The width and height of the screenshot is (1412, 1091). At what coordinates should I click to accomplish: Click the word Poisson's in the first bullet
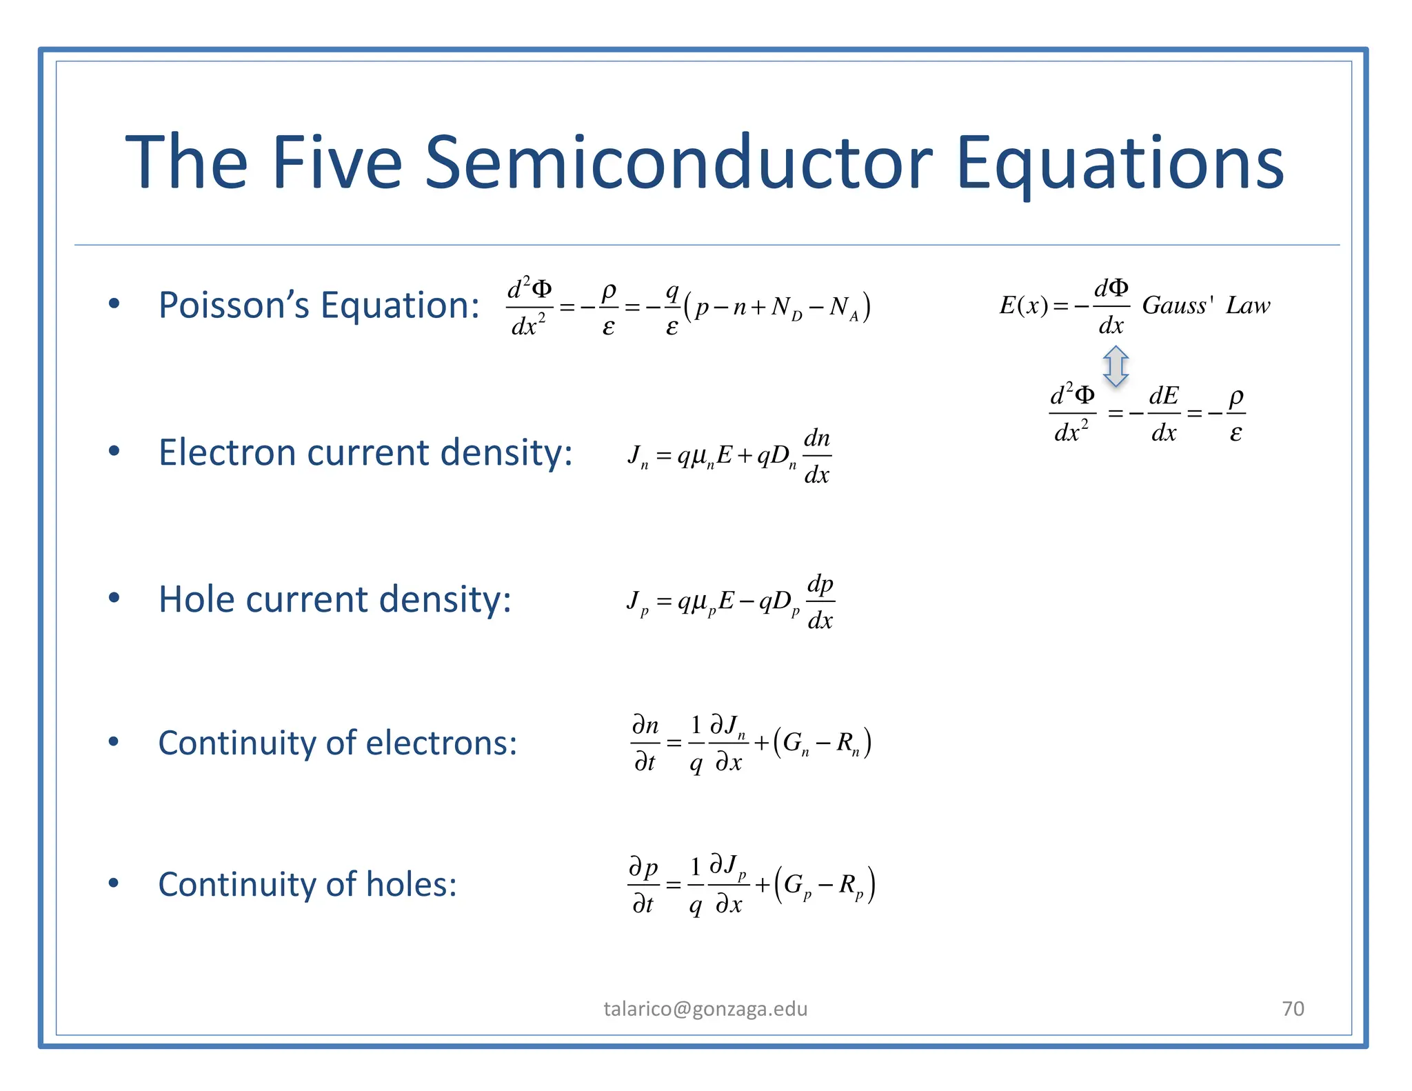tap(234, 305)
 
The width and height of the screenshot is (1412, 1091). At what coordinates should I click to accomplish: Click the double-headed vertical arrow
tap(1116, 366)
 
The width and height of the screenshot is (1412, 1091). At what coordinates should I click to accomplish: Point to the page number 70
tap(1293, 1008)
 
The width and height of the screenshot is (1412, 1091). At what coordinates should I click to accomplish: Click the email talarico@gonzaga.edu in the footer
tap(705, 1009)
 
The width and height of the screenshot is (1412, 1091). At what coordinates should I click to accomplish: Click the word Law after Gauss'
tap(1247, 305)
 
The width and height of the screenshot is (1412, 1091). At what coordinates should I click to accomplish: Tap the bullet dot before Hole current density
tap(114, 598)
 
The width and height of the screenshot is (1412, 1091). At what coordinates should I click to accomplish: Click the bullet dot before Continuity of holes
tap(114, 883)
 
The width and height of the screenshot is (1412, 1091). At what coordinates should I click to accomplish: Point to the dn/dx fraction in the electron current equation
tap(817, 456)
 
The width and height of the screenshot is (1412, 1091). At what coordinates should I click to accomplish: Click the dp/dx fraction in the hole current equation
tap(820, 602)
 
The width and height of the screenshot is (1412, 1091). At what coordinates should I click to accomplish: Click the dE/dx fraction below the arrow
tap(1164, 414)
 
